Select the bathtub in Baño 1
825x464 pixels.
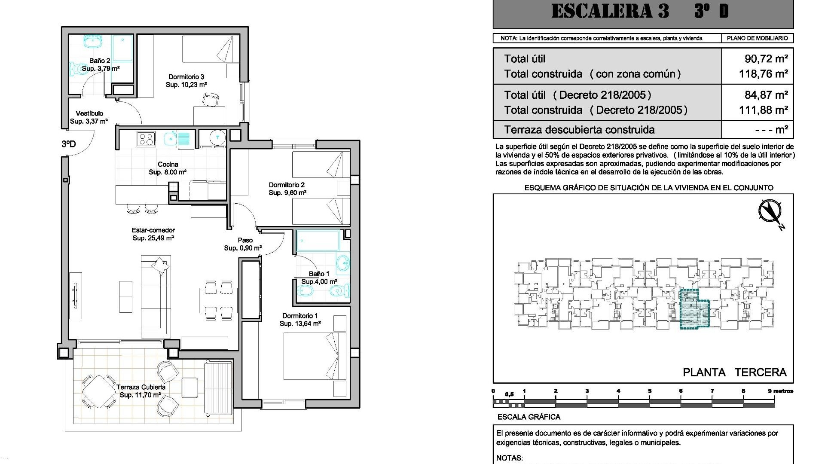click(x=318, y=241)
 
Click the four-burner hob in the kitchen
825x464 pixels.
click(x=145, y=139)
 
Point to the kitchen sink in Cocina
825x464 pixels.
click(x=171, y=139)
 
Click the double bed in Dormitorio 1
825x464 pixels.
click(x=315, y=356)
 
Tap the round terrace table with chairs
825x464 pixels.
click(x=99, y=391)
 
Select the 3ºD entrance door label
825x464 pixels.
click(x=68, y=144)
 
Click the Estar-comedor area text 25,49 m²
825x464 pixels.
click(x=153, y=238)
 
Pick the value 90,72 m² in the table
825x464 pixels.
click(x=766, y=59)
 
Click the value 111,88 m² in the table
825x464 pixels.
click(x=763, y=110)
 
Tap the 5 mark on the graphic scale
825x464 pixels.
click(x=649, y=391)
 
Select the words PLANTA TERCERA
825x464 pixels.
click(x=734, y=372)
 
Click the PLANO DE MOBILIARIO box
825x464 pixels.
click(x=757, y=38)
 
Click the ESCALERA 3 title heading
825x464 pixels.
click(x=610, y=11)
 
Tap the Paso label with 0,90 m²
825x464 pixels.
click(x=243, y=244)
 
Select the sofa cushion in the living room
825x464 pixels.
click(x=160, y=266)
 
